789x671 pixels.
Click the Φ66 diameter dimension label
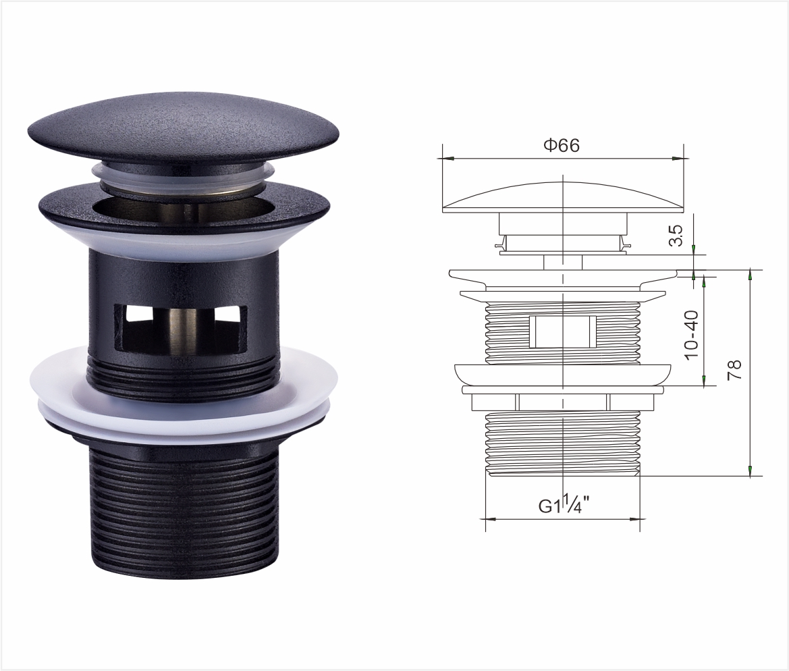(x=561, y=145)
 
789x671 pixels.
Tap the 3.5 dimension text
(x=678, y=235)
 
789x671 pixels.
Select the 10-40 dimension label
(x=692, y=333)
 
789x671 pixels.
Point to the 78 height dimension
(x=734, y=370)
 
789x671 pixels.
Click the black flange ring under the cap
(x=184, y=208)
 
